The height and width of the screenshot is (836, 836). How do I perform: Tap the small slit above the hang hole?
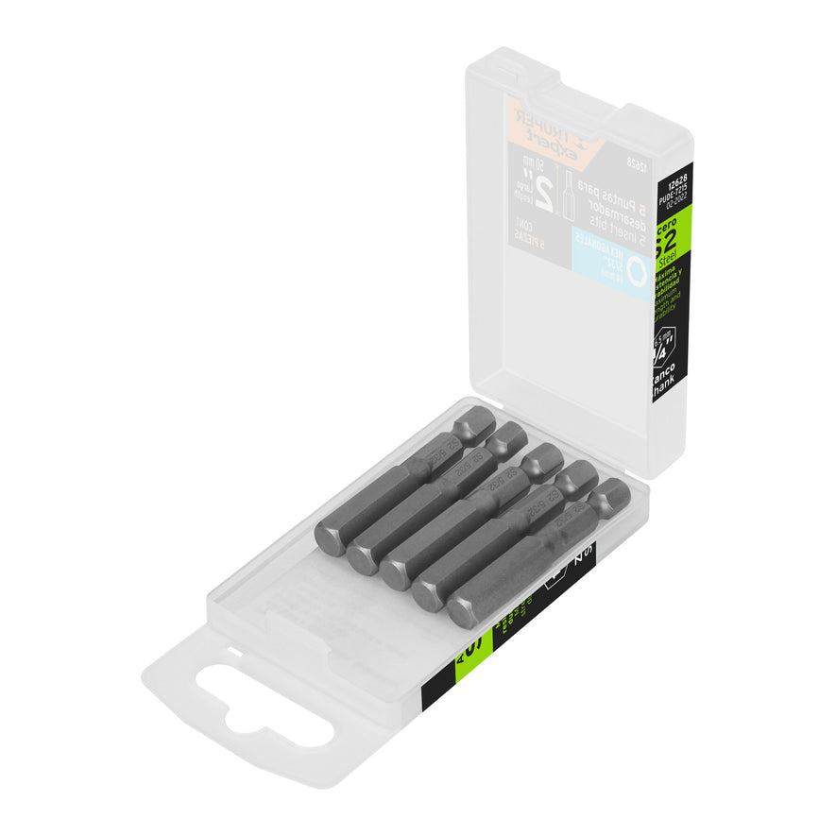tap(230, 651)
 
